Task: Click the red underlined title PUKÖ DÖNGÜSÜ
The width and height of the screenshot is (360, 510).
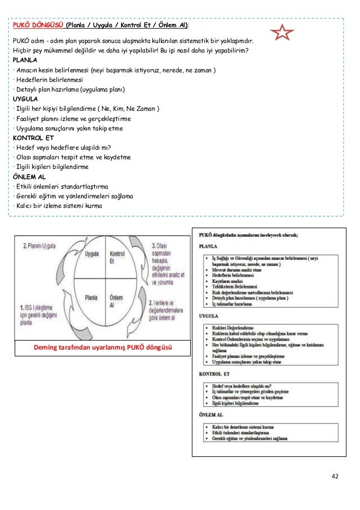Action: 38,26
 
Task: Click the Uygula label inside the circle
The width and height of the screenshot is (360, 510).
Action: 91,254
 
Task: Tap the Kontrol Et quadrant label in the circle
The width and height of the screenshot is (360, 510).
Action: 117,258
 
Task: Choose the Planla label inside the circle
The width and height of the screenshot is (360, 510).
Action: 91,297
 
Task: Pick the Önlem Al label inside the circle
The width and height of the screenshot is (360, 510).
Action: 116,300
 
